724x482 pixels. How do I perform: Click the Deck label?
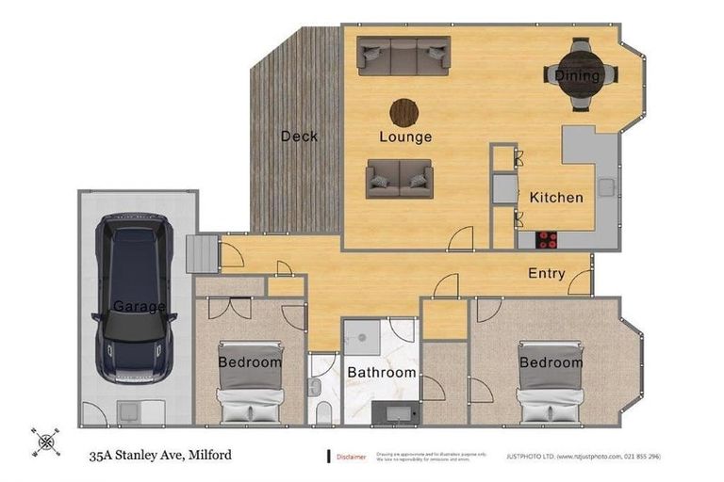pos(299,137)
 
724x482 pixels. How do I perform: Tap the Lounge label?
pos(405,137)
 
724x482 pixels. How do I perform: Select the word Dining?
pos(577,75)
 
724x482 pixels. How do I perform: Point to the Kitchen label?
pos(556,198)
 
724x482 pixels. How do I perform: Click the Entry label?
pos(547,274)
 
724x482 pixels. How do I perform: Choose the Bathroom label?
pos(382,373)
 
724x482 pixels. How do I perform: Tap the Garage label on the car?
pos(139,307)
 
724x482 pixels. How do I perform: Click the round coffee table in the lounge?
pos(404,112)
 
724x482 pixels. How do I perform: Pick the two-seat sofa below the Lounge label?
pos(400,177)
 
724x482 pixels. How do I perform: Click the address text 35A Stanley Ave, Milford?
pos(160,456)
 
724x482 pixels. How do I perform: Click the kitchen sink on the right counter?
pos(604,185)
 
